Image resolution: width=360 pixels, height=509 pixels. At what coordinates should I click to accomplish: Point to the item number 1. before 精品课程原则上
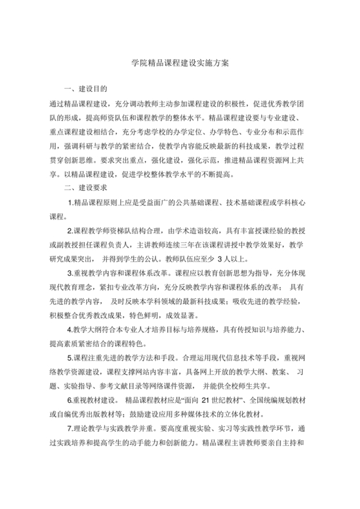tap(71, 203)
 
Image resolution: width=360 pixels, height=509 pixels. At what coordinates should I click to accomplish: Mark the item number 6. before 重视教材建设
tap(71, 400)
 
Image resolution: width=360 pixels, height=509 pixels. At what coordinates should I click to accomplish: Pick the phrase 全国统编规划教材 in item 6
tap(285, 400)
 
